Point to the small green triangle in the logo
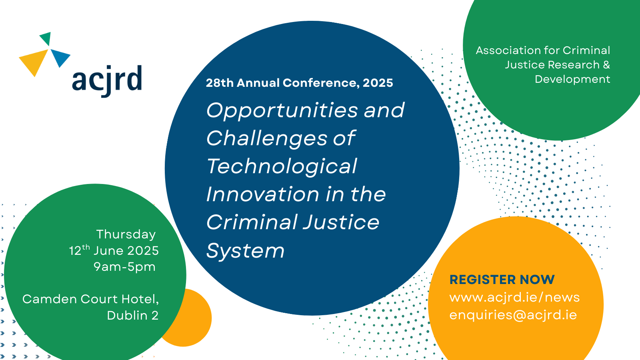click(46, 38)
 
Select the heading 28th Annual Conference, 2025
click(299, 83)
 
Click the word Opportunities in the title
click(282, 110)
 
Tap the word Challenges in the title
click(267, 138)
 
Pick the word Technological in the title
click(282, 166)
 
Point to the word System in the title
click(245, 251)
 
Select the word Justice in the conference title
click(341, 222)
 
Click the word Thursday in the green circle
click(126, 234)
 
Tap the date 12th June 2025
click(114, 250)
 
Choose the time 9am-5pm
click(124, 267)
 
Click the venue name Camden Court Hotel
click(90, 299)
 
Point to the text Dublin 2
click(132, 315)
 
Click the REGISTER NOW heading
click(502, 279)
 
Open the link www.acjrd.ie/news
click(514, 297)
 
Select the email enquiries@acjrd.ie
click(513, 315)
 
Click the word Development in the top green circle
click(572, 79)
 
